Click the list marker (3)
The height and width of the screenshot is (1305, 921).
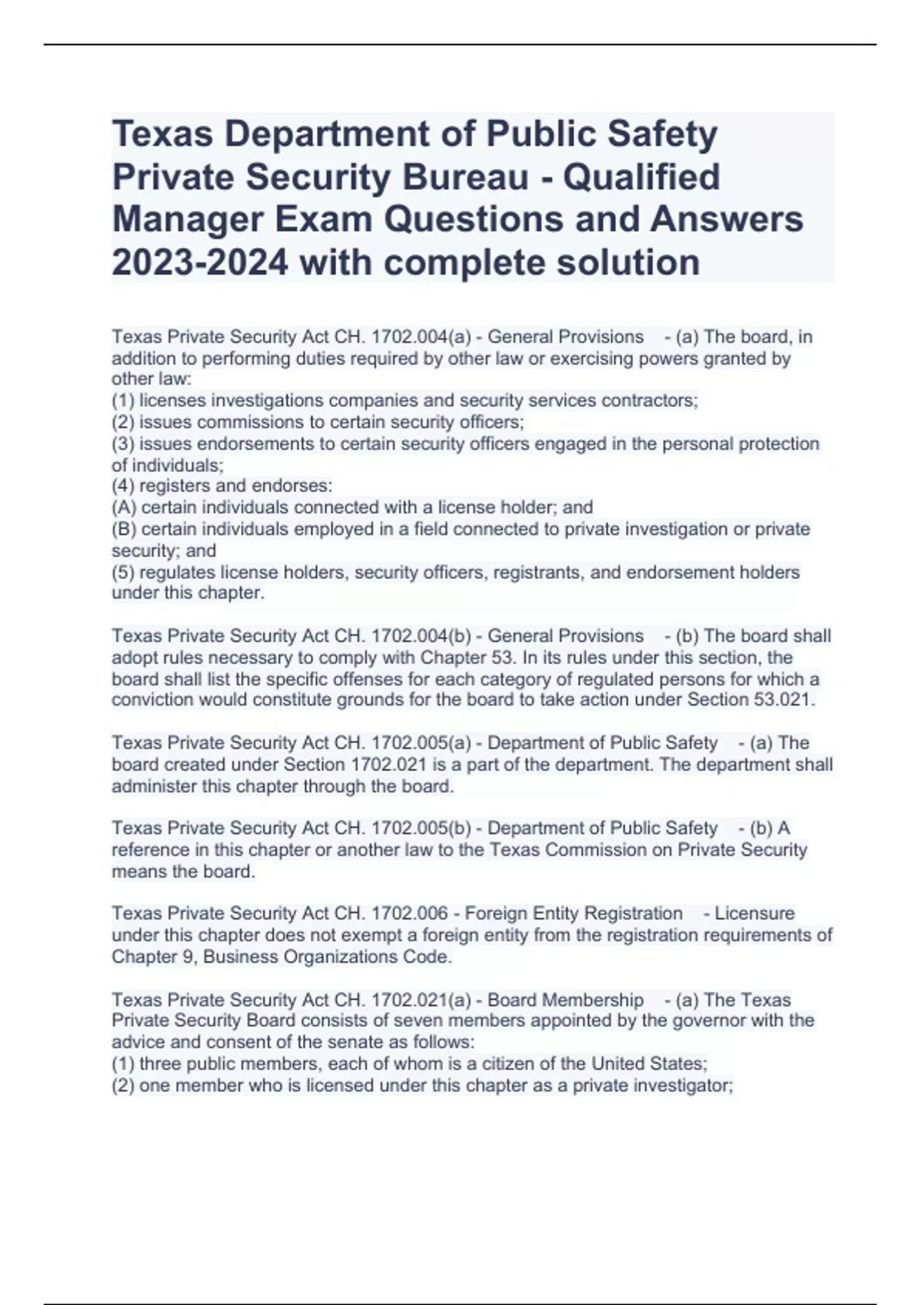tap(124, 444)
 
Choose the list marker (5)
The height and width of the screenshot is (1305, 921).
tap(124, 573)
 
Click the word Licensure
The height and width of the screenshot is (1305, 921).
tap(754, 914)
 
